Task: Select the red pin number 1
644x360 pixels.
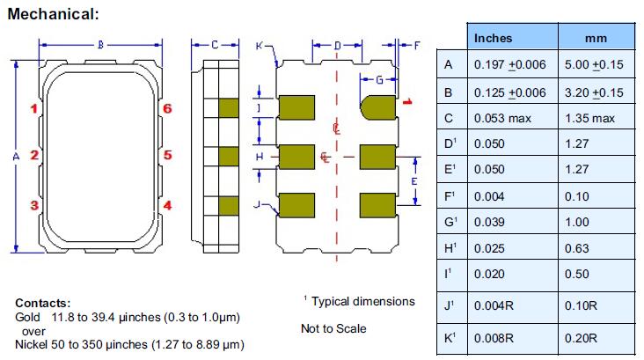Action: click(33, 109)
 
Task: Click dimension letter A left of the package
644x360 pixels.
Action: click(15, 156)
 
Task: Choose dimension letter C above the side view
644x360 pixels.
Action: click(214, 43)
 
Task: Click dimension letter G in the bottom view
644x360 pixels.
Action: click(379, 80)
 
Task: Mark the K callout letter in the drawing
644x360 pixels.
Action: click(259, 44)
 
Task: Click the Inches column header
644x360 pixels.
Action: click(493, 38)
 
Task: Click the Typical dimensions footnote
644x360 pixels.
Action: click(362, 301)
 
